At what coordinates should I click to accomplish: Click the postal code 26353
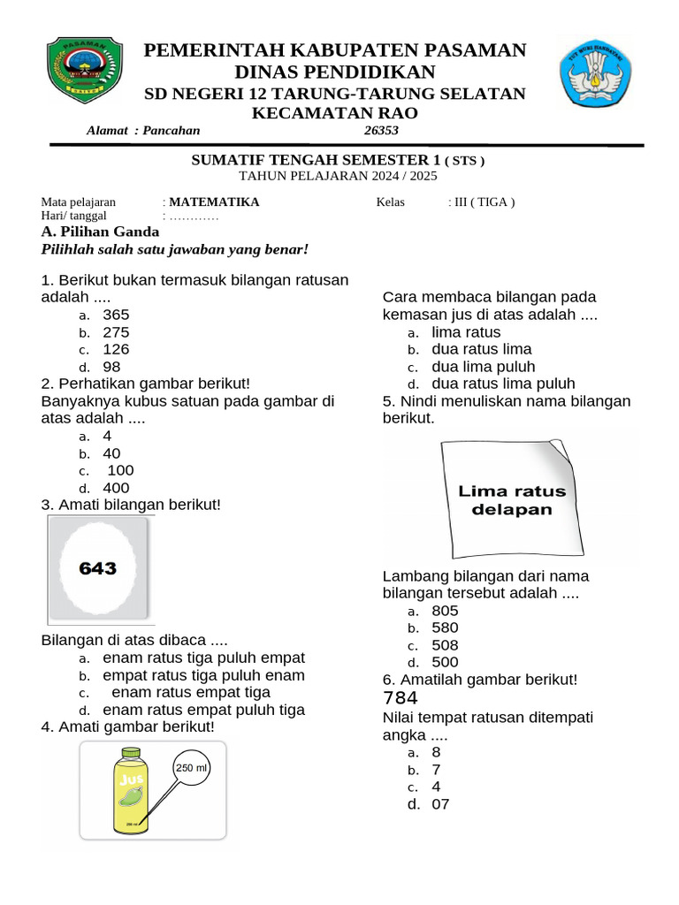pos(382,131)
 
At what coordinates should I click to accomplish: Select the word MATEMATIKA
pos(214,202)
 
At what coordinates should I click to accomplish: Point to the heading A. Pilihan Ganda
pos(101,232)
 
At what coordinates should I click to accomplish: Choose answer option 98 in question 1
pos(111,367)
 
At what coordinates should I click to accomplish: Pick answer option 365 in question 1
pos(116,315)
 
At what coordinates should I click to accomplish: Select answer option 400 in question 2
pos(116,488)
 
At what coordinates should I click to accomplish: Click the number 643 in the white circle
pos(97,568)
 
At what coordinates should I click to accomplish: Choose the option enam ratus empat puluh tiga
pos(203,710)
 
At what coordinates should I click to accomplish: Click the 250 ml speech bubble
pos(191,768)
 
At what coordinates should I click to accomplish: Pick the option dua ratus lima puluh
pos(503,384)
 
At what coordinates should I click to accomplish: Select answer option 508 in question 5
pos(445,645)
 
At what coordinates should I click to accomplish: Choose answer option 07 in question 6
pos(440,804)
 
